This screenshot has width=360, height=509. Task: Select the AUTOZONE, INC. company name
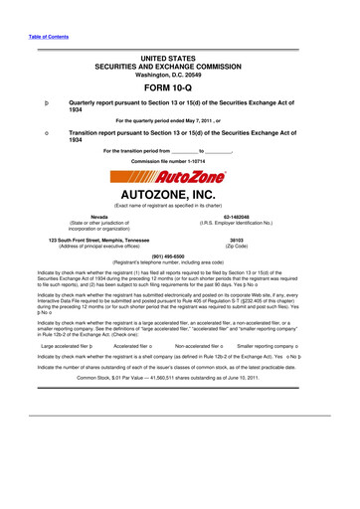179,195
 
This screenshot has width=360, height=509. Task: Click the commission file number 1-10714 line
179,161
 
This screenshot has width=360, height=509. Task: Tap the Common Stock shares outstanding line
179,407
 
